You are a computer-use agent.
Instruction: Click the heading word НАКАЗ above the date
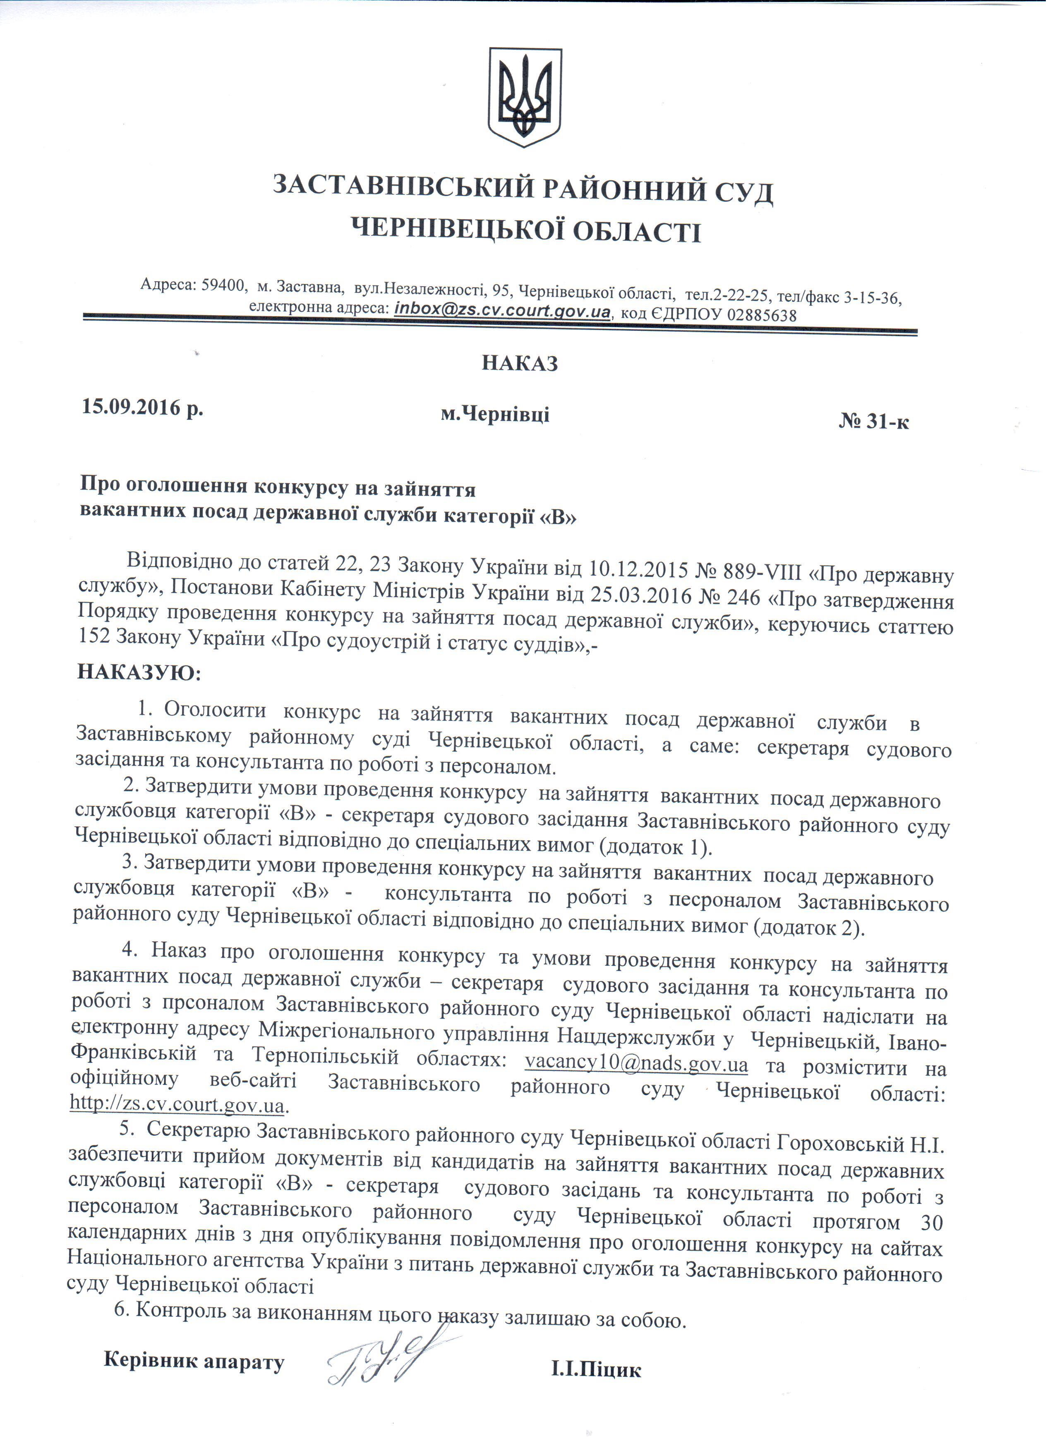click(520, 364)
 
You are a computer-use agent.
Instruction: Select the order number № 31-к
click(873, 422)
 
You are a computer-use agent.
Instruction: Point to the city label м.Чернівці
click(495, 415)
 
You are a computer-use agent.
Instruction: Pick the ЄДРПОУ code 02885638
click(762, 315)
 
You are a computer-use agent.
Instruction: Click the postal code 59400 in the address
click(224, 286)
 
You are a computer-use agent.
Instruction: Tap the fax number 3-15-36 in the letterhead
click(873, 297)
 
